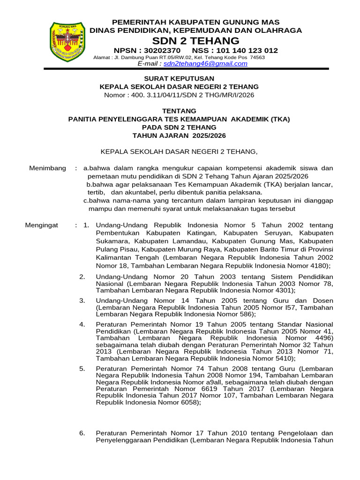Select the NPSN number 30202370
(x=162, y=51)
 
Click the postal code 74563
(x=257, y=58)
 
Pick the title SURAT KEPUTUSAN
(x=179, y=78)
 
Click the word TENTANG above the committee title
(x=179, y=111)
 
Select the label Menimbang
(x=47, y=168)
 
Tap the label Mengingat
(x=41, y=225)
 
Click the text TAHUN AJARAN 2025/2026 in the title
(x=179, y=135)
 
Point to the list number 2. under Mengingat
(x=82, y=277)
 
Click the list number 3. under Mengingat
(x=82, y=300)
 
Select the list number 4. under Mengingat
(x=82, y=324)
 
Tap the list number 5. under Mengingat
(x=82, y=368)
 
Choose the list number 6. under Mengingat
(x=82, y=433)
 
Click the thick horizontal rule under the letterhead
(x=186, y=69)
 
